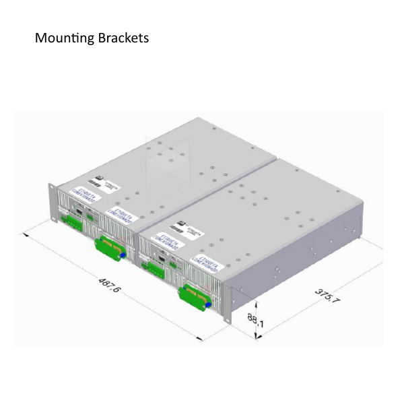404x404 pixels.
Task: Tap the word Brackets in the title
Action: (x=123, y=38)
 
